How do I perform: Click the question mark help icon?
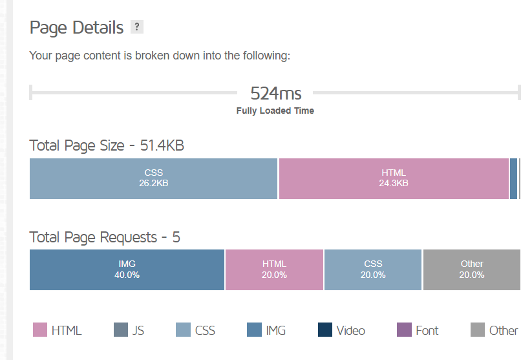click(136, 27)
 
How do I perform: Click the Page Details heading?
click(76, 28)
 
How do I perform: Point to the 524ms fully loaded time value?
click(275, 93)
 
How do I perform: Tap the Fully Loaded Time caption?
click(275, 111)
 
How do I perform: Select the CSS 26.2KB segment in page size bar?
click(153, 178)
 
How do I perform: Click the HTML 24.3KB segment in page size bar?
click(394, 178)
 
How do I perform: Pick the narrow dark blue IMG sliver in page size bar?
click(514, 178)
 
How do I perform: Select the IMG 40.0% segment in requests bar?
click(127, 269)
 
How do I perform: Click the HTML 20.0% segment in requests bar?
click(274, 269)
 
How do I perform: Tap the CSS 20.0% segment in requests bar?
click(373, 269)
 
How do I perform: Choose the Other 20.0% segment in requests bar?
click(472, 269)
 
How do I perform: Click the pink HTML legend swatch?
click(40, 330)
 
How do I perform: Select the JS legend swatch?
click(121, 330)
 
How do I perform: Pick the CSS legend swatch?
click(184, 330)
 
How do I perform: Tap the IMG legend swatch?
click(255, 330)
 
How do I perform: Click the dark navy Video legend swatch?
click(325, 330)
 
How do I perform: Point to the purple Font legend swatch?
click(404, 330)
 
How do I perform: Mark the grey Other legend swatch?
click(478, 330)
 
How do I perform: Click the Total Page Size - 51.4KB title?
click(107, 145)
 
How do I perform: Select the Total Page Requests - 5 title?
click(105, 237)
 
